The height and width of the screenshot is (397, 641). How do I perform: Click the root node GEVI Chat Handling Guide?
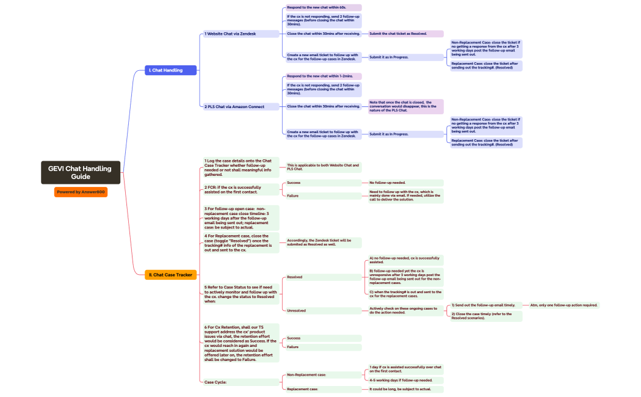(81, 172)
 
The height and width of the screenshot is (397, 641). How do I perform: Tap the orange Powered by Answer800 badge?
(81, 192)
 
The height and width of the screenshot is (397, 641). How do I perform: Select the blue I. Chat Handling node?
(172, 70)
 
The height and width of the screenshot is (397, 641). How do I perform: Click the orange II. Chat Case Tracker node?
(171, 275)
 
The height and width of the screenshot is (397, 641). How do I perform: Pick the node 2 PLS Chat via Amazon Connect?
(241, 106)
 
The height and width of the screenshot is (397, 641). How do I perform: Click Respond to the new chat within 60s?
(323, 7)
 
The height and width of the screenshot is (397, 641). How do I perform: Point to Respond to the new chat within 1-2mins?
(323, 76)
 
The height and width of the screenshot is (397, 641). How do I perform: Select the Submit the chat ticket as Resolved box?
(405, 34)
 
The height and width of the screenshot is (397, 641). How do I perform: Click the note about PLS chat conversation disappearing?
(405, 106)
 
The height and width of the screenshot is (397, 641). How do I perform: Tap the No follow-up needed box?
(405, 183)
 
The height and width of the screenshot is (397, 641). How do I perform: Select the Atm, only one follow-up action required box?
(563, 305)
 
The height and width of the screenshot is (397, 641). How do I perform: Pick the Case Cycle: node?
(241, 382)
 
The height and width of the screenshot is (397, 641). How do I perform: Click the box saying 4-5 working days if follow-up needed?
(405, 380)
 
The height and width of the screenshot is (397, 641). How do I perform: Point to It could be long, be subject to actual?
(405, 389)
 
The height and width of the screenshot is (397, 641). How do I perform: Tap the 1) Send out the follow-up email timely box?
(485, 305)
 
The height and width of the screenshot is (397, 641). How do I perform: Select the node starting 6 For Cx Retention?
(241, 343)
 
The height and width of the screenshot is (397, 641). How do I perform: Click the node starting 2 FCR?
(241, 189)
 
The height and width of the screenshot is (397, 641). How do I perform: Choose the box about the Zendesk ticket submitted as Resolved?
(323, 242)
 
